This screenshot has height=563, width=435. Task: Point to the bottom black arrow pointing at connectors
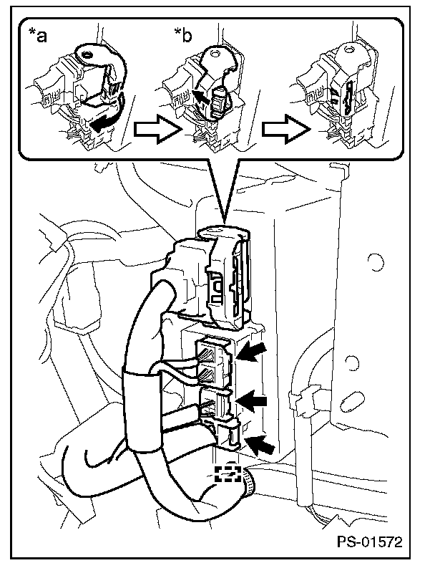pos(261,446)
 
